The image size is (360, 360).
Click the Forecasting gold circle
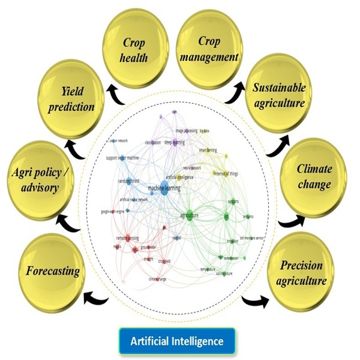pyautogui.click(x=53, y=271)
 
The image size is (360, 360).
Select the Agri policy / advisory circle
pyautogui.click(x=42, y=179)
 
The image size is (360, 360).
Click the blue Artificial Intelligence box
pyautogui.click(x=178, y=340)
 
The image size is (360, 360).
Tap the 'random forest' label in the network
pyautogui.click(x=128, y=181)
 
